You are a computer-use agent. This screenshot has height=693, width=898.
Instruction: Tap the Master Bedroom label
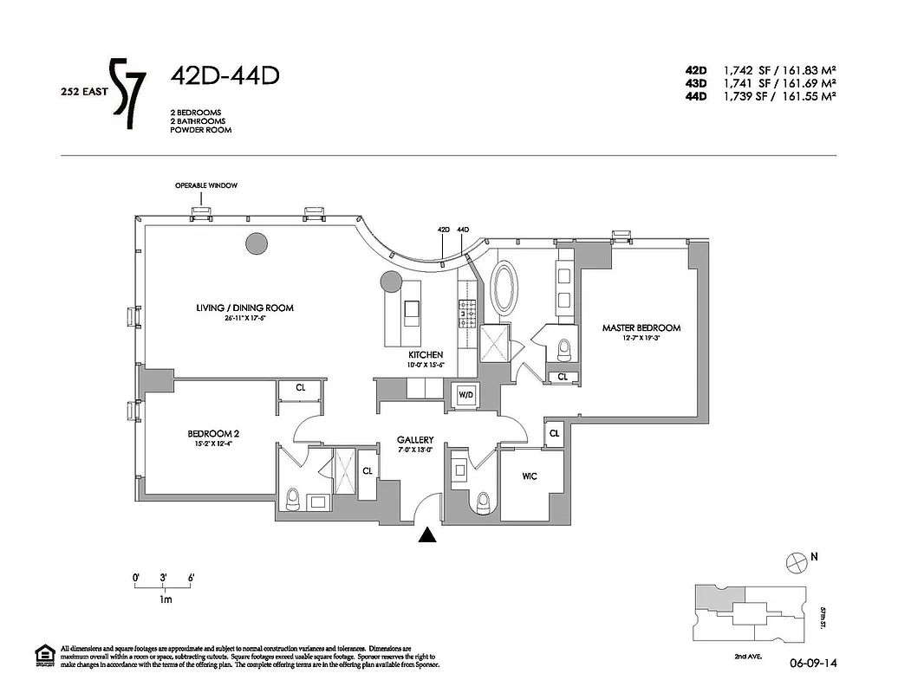point(641,328)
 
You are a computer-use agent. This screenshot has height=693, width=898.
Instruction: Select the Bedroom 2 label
point(209,434)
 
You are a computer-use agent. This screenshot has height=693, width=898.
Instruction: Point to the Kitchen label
point(426,355)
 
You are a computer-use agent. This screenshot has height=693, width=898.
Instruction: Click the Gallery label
point(415,440)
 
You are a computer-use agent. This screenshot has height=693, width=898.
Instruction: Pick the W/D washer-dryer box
point(465,394)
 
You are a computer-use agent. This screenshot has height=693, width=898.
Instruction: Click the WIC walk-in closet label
point(530,476)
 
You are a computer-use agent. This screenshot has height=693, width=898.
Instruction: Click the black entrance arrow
point(426,537)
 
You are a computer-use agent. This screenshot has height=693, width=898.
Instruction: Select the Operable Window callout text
point(205,185)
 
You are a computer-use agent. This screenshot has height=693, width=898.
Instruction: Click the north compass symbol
point(795,563)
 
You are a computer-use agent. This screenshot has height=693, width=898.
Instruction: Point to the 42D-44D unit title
point(224,76)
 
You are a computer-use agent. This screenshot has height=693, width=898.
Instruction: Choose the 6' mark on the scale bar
point(190,577)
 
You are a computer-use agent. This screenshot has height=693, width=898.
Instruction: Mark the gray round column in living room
point(256,244)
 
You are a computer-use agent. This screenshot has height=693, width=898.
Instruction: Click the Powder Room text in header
point(201,130)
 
